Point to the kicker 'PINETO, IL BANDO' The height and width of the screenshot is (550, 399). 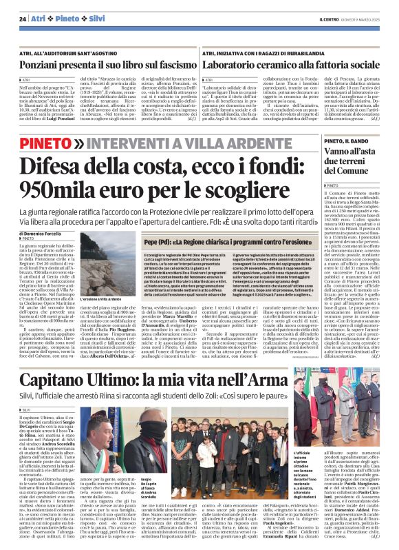pyautogui.click(x=343, y=140)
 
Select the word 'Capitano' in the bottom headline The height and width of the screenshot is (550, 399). pyautogui.click(x=63, y=380)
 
